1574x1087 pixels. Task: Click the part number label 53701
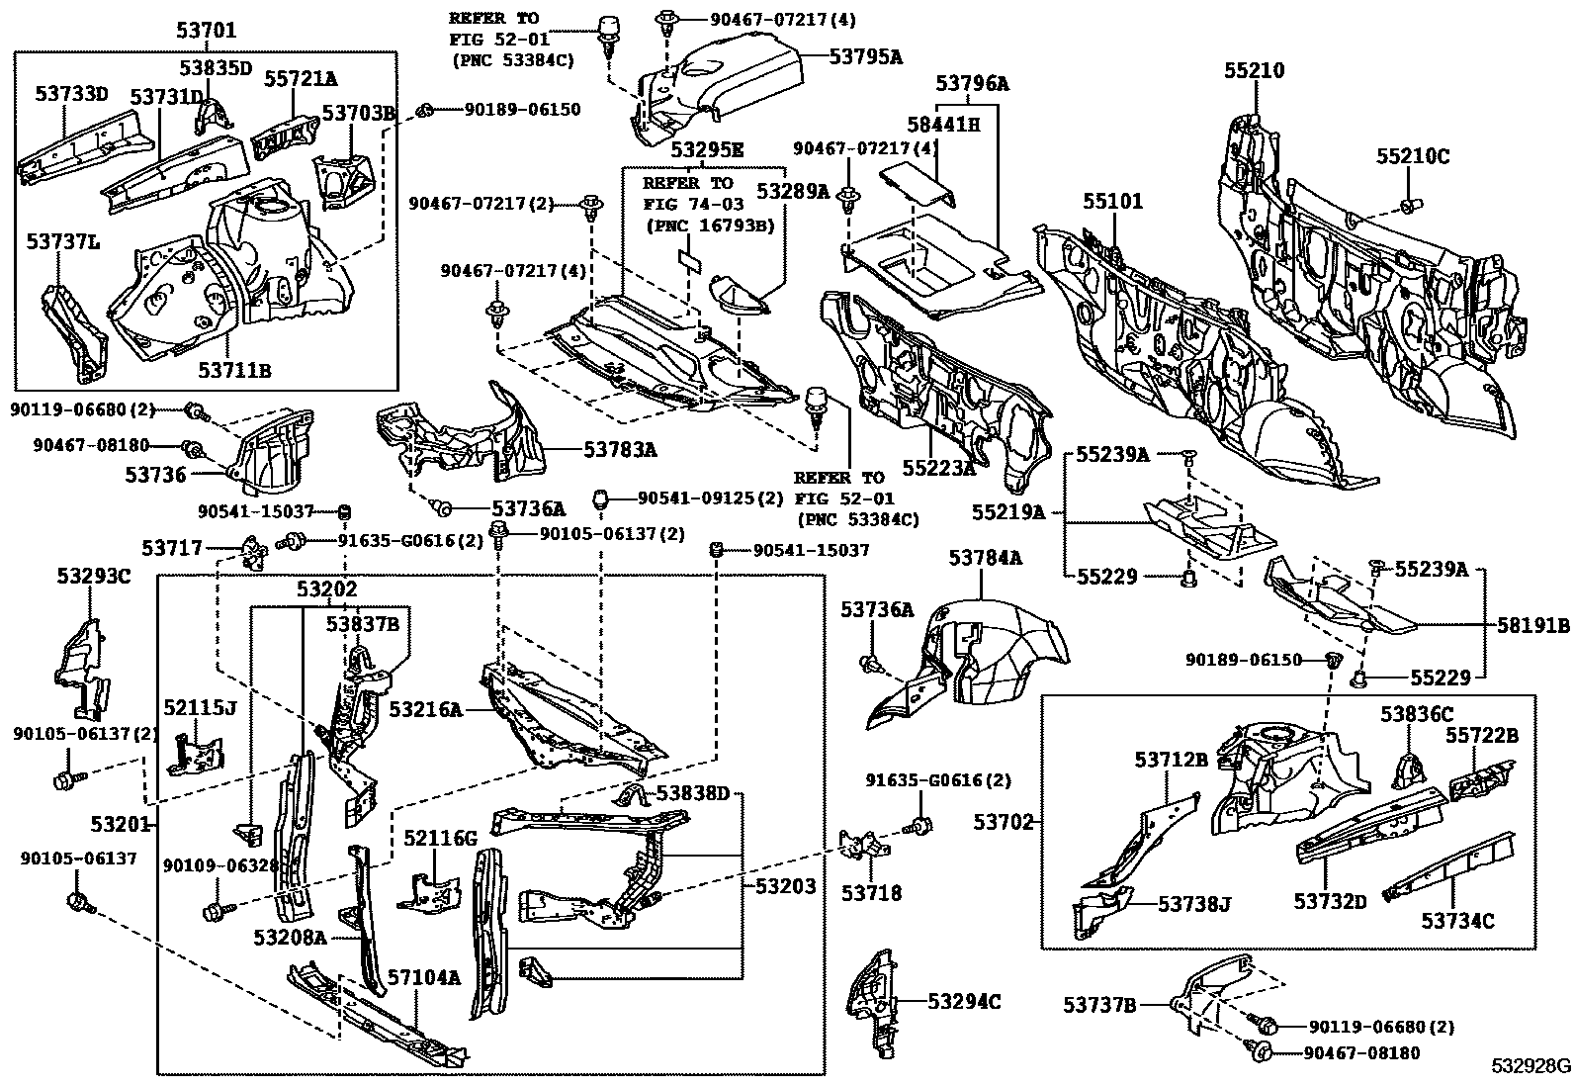coord(206,31)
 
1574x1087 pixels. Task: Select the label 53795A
coord(865,56)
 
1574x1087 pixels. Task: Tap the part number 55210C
coord(1413,156)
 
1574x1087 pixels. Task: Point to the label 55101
coord(1111,202)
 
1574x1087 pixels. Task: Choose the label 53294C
coord(964,1002)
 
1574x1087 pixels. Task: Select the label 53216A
coord(425,709)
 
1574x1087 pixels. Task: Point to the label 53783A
coord(620,450)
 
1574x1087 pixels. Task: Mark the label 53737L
coord(62,240)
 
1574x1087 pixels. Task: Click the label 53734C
coord(1457,921)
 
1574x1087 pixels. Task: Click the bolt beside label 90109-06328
coord(213,908)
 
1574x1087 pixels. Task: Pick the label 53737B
coord(1099,1006)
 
